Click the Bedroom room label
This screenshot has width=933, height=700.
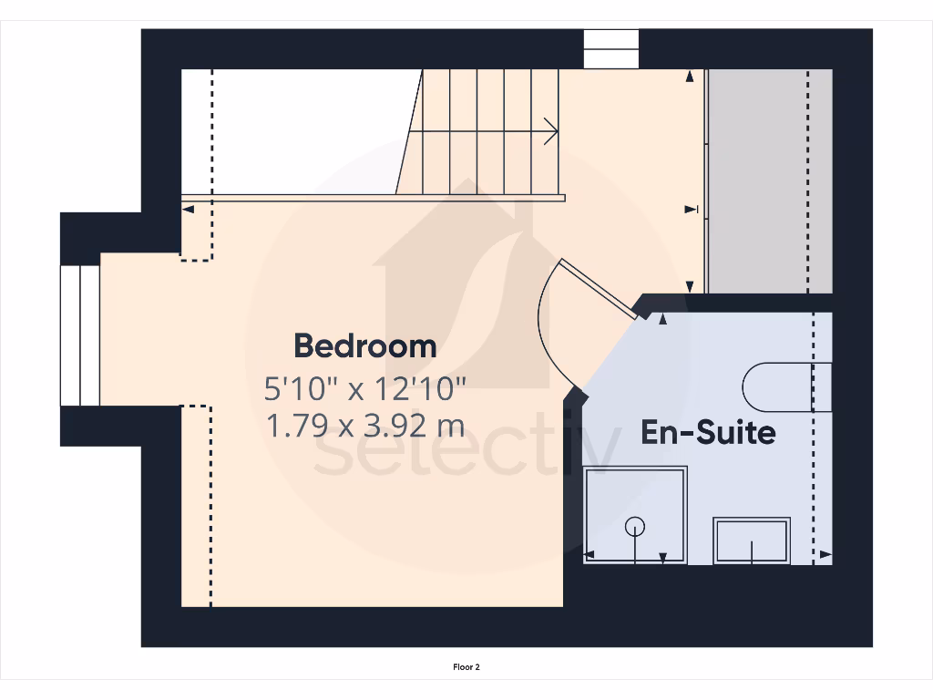[364, 346]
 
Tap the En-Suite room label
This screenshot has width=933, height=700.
[708, 431]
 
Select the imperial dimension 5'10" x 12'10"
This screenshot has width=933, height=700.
[364, 389]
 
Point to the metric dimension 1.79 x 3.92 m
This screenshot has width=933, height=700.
[364, 425]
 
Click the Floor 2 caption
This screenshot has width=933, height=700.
[466, 667]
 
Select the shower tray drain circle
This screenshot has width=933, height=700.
[635, 526]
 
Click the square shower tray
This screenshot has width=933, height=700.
[635, 515]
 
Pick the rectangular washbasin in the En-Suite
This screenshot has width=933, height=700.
[752, 540]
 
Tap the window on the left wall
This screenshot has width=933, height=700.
[80, 335]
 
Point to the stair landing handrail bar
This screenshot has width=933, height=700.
[374, 198]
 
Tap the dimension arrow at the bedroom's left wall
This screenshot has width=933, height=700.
[188, 210]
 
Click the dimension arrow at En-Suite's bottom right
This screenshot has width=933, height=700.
[825, 554]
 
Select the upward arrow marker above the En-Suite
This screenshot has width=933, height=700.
[661, 319]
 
